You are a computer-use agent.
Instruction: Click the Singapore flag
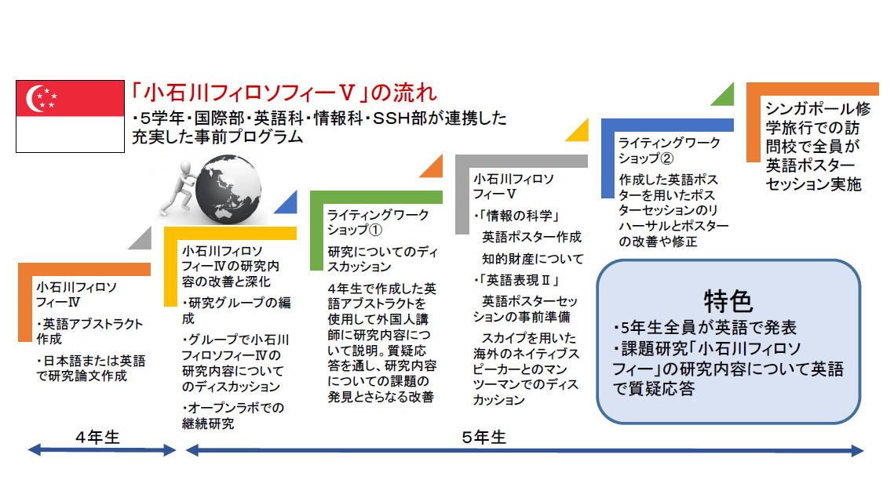coord(70,116)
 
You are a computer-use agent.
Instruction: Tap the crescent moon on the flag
coord(35,99)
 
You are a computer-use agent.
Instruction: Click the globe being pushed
coord(228,189)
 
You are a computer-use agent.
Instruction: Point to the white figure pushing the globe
coord(177,188)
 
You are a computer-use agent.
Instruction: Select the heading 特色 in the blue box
coord(728,301)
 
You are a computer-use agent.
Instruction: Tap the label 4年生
coord(98,437)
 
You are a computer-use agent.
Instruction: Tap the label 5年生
coord(484,437)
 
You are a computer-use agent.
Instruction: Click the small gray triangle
coord(143,241)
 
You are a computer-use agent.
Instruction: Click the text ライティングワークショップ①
coord(378,222)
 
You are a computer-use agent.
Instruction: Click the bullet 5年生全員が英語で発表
coord(705,328)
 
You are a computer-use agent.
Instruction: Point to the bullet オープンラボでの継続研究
coord(233,416)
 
